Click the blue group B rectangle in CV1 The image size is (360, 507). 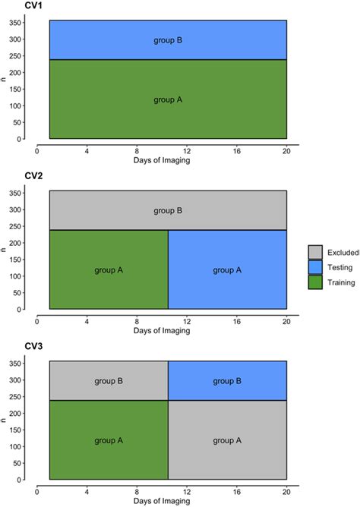(x=168, y=40)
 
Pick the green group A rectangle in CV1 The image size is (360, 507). (x=168, y=99)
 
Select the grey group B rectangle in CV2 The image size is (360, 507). (x=168, y=210)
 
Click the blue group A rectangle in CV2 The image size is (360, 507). (x=227, y=269)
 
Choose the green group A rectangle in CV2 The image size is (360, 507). (x=109, y=269)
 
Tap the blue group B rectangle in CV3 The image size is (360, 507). (x=227, y=380)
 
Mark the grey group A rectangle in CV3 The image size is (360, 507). (x=227, y=439)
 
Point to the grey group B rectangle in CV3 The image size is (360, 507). (x=109, y=380)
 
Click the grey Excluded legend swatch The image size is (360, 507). (x=315, y=252)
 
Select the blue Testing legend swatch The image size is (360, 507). (x=315, y=266)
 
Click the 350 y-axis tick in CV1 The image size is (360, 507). (x=14, y=23)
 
